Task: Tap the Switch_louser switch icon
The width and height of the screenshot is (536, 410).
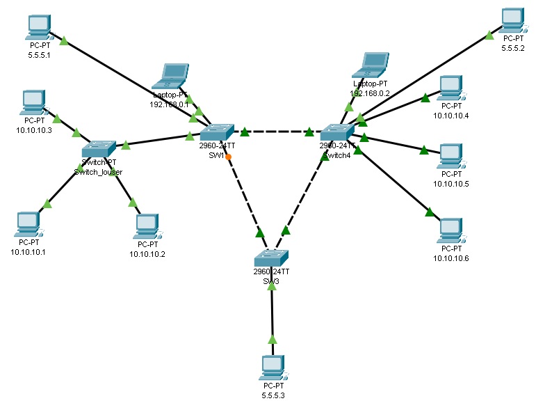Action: click(x=98, y=148)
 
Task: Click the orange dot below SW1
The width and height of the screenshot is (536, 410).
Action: click(x=228, y=157)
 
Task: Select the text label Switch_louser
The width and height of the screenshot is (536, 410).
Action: click(x=98, y=171)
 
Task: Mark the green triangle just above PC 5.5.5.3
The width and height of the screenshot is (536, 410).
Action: click(x=272, y=339)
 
